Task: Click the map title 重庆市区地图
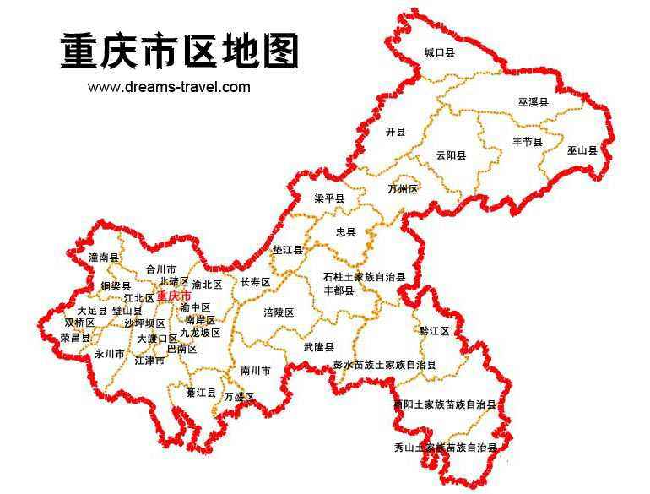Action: (179, 52)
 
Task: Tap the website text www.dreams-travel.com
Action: (169, 86)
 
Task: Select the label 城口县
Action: (439, 52)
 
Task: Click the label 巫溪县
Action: (534, 102)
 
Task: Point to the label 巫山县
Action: (582, 150)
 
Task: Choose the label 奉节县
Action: (527, 142)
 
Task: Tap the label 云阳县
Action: (452, 155)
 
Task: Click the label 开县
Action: (395, 132)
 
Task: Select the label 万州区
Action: (403, 189)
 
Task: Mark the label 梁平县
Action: (329, 198)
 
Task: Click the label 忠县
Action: (346, 231)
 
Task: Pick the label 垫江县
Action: (288, 250)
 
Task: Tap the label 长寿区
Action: (255, 282)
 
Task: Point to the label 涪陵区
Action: (279, 312)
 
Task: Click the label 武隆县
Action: (318, 347)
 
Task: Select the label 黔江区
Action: (434, 330)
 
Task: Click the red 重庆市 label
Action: (174, 296)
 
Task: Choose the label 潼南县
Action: (104, 257)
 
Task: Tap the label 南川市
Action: (255, 371)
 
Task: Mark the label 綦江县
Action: (202, 394)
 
